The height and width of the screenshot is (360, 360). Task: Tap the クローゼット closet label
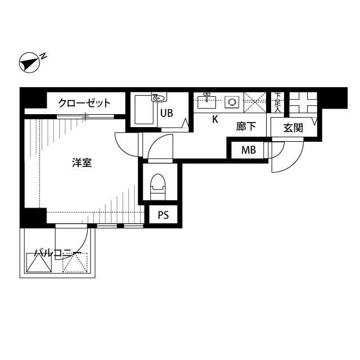[x=84, y=103]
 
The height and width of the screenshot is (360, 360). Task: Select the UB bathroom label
[x=166, y=112]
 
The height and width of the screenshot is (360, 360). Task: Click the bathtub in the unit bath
[x=145, y=111]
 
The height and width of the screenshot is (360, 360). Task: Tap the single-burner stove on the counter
[x=232, y=102]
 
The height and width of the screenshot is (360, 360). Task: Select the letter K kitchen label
[x=215, y=120]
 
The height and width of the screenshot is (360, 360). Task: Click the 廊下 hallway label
[x=246, y=127]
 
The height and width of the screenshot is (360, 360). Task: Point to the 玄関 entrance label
[x=292, y=128]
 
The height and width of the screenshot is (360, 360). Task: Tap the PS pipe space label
[x=163, y=215]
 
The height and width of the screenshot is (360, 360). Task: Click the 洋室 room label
[x=82, y=163]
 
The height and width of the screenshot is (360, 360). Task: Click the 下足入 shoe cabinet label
[x=277, y=102]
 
